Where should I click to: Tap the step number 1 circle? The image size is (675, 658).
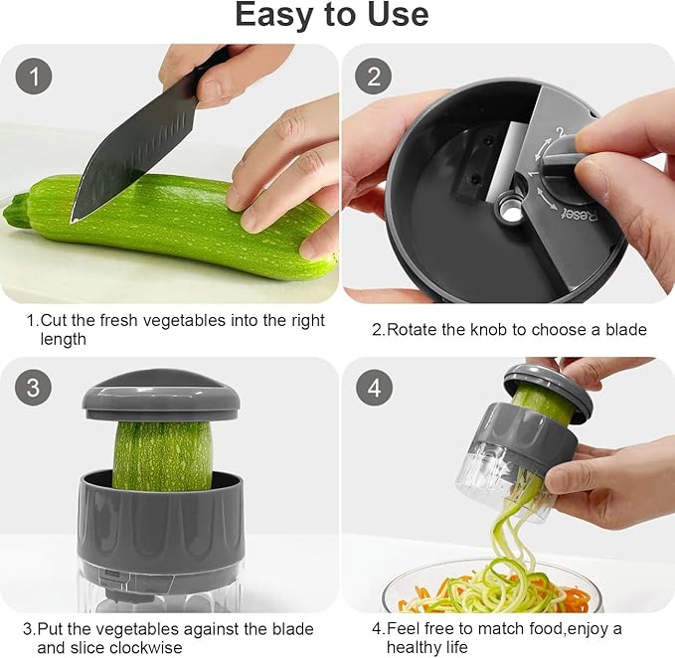click(34, 77)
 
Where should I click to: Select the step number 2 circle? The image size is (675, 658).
click(373, 77)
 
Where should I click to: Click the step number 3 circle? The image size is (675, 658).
click(34, 388)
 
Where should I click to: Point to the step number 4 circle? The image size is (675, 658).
click(374, 388)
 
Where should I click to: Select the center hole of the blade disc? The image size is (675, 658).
click(512, 210)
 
